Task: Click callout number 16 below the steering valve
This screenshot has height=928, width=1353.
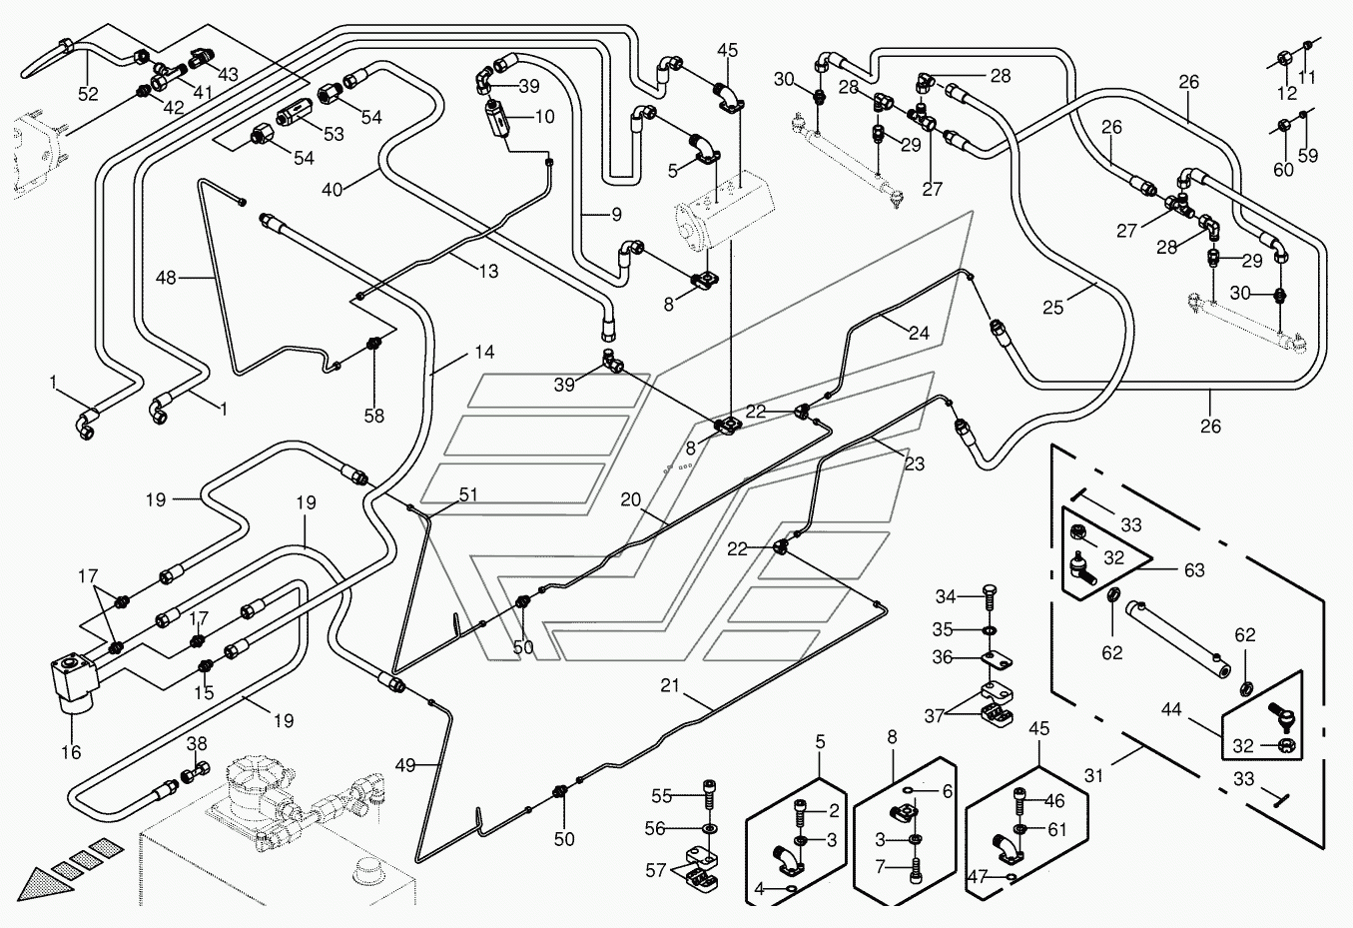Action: pyautogui.click(x=71, y=752)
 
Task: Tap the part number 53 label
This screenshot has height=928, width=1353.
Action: pyautogui.click(x=334, y=134)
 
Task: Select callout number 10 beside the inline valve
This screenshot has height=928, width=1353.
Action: pyautogui.click(x=544, y=117)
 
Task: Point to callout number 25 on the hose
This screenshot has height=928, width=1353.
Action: pyautogui.click(x=1052, y=308)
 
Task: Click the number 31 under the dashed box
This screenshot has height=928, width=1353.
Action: pyautogui.click(x=1093, y=776)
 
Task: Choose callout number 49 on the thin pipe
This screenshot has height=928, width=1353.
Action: pyautogui.click(x=405, y=765)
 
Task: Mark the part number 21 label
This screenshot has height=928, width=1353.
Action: pyautogui.click(x=670, y=685)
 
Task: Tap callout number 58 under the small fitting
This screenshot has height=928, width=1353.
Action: pyautogui.click(x=373, y=416)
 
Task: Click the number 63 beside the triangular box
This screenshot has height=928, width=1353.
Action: pyautogui.click(x=1194, y=570)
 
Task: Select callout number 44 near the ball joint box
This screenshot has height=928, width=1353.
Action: pyautogui.click(x=1171, y=709)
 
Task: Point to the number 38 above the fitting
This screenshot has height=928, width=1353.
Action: pyautogui.click(x=197, y=744)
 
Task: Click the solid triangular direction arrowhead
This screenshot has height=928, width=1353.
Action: pyautogui.click(x=41, y=884)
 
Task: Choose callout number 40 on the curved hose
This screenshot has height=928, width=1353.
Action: pyautogui.click(x=332, y=190)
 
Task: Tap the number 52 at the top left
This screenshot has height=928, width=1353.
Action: pyautogui.click(x=88, y=94)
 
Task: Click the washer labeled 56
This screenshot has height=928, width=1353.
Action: pyautogui.click(x=709, y=827)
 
